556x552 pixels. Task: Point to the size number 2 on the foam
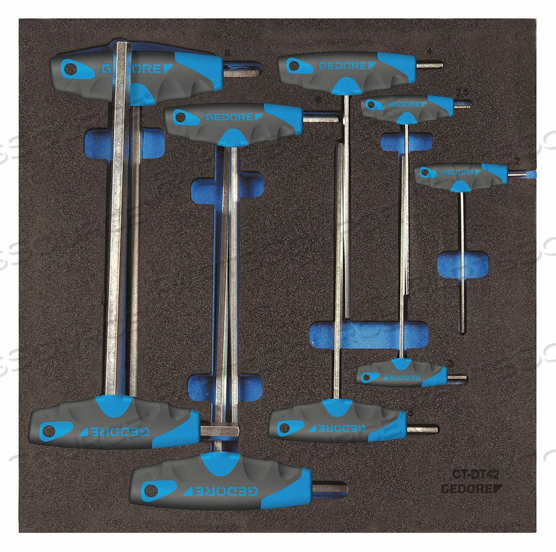coord(517,159)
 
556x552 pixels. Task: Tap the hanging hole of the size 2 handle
coord(426,173)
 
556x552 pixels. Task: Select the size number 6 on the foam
coord(317,101)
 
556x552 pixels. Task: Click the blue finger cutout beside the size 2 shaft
coord(462,264)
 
